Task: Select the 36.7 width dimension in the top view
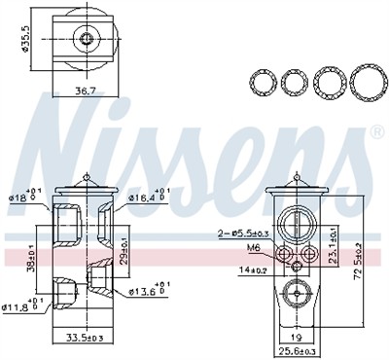(x=87, y=90)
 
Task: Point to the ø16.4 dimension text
(x=143, y=198)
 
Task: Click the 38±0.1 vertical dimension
(x=30, y=262)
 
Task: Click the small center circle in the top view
(x=88, y=40)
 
